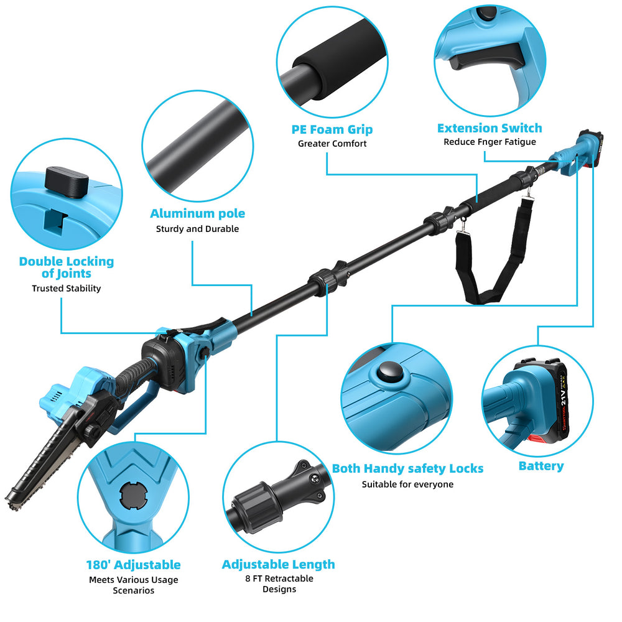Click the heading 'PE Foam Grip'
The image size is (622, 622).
pos(332,130)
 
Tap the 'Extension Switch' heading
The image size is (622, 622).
pos(490,128)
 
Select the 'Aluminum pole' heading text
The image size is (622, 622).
pos(197,213)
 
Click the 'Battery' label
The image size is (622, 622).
pos(541,466)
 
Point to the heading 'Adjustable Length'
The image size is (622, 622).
pos(278,564)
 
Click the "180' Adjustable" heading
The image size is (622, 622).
pos(133,565)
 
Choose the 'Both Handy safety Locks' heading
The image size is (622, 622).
pos(407,468)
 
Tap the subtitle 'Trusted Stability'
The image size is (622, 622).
pos(67,289)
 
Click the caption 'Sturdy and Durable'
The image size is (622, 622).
pos(197,229)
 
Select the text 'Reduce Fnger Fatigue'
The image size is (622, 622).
pos(490,142)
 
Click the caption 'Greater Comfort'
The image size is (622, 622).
pos(332,144)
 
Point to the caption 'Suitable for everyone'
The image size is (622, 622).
pos(407,485)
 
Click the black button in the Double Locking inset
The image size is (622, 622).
pos(67,182)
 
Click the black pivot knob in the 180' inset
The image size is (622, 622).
pos(133,494)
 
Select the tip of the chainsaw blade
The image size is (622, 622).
pos(7,501)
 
